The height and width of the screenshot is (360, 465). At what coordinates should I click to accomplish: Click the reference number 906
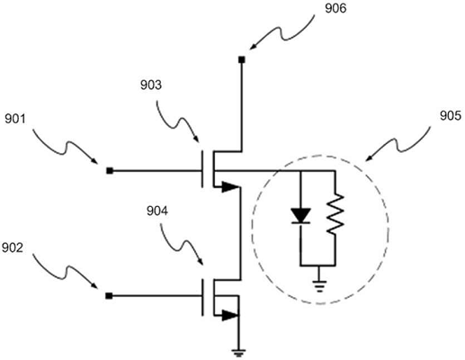[x=335, y=8]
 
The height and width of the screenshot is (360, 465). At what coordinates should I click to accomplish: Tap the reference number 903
[x=151, y=85]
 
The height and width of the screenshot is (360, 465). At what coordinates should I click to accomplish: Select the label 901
[x=15, y=119]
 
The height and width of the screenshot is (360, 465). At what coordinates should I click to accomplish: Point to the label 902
[x=13, y=247]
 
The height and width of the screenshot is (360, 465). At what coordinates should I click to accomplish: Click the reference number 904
[x=157, y=211]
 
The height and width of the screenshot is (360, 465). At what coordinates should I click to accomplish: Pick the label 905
[x=451, y=116]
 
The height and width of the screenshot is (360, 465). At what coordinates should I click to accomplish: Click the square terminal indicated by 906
[x=242, y=59]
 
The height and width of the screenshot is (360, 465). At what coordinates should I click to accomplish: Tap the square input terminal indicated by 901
[x=110, y=171]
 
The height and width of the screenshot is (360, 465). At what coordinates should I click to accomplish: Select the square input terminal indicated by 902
[x=109, y=296]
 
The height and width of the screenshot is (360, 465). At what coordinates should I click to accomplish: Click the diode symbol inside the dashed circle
[x=300, y=216]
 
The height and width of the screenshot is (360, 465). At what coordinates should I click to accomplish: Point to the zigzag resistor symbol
[x=335, y=213]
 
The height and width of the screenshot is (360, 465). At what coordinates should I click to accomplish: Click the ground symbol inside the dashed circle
[x=319, y=286]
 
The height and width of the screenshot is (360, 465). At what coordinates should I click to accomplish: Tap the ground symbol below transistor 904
[x=238, y=353]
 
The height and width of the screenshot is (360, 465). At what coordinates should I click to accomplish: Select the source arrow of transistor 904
[x=230, y=315]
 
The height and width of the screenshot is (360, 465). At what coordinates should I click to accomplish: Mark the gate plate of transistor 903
[x=202, y=169]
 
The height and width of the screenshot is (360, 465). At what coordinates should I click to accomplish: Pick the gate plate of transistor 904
[x=202, y=297]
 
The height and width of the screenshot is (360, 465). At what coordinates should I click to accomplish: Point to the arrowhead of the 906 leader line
[x=253, y=47]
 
